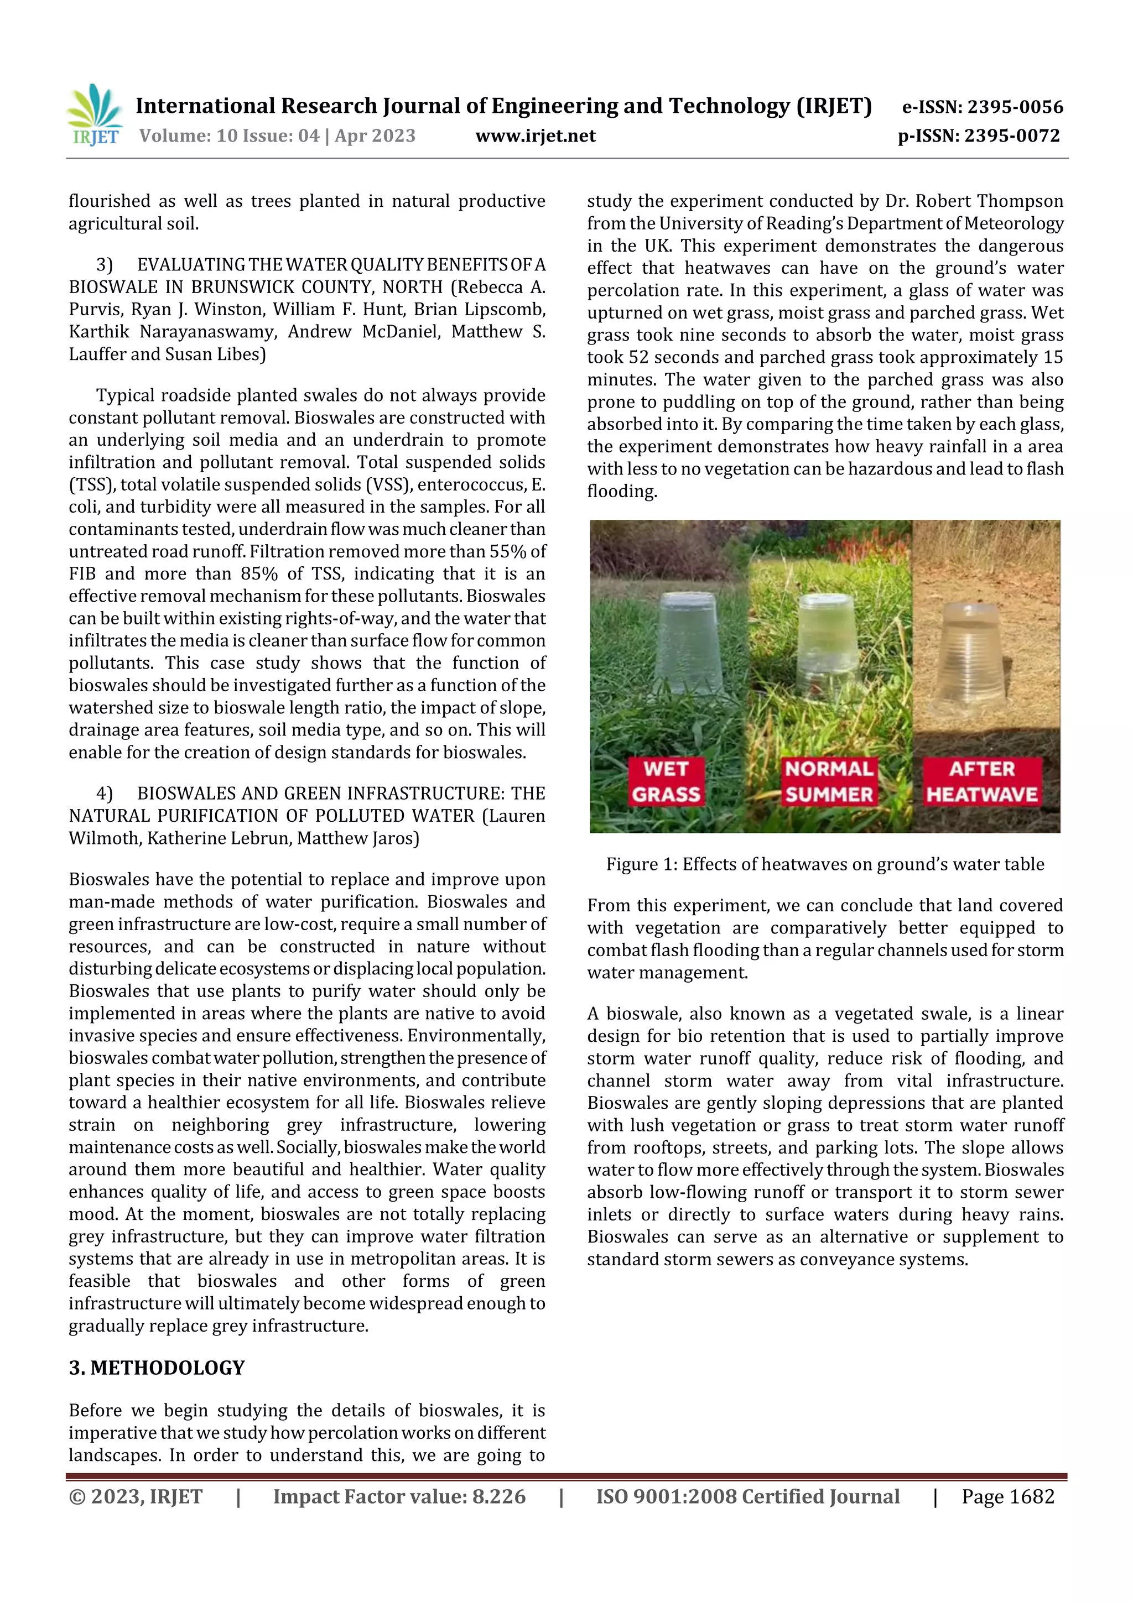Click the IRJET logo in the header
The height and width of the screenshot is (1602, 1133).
(95, 115)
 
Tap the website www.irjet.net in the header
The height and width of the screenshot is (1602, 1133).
(536, 136)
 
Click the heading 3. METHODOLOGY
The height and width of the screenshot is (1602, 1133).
(157, 1368)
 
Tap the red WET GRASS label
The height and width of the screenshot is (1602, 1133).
(666, 781)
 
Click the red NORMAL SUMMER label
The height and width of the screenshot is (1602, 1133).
(829, 781)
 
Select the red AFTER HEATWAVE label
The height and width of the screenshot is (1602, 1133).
(981, 781)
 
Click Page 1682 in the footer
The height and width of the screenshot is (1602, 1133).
(1007, 1496)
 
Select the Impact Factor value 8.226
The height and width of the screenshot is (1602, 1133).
(399, 1496)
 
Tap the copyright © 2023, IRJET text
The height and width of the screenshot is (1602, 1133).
(136, 1496)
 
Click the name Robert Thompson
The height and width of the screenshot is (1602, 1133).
(989, 202)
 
